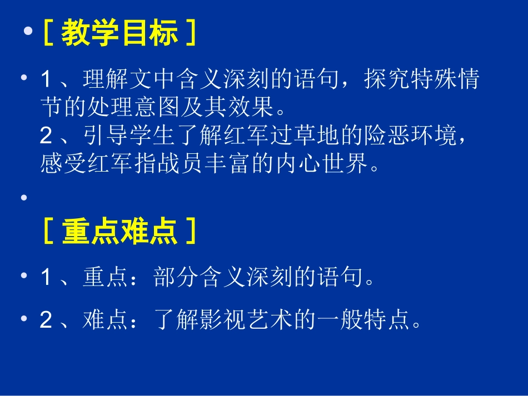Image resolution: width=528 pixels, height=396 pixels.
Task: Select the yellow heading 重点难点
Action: (119, 231)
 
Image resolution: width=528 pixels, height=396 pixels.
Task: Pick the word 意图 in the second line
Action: (153, 108)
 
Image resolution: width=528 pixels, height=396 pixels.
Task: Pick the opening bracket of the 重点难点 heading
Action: (48, 232)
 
